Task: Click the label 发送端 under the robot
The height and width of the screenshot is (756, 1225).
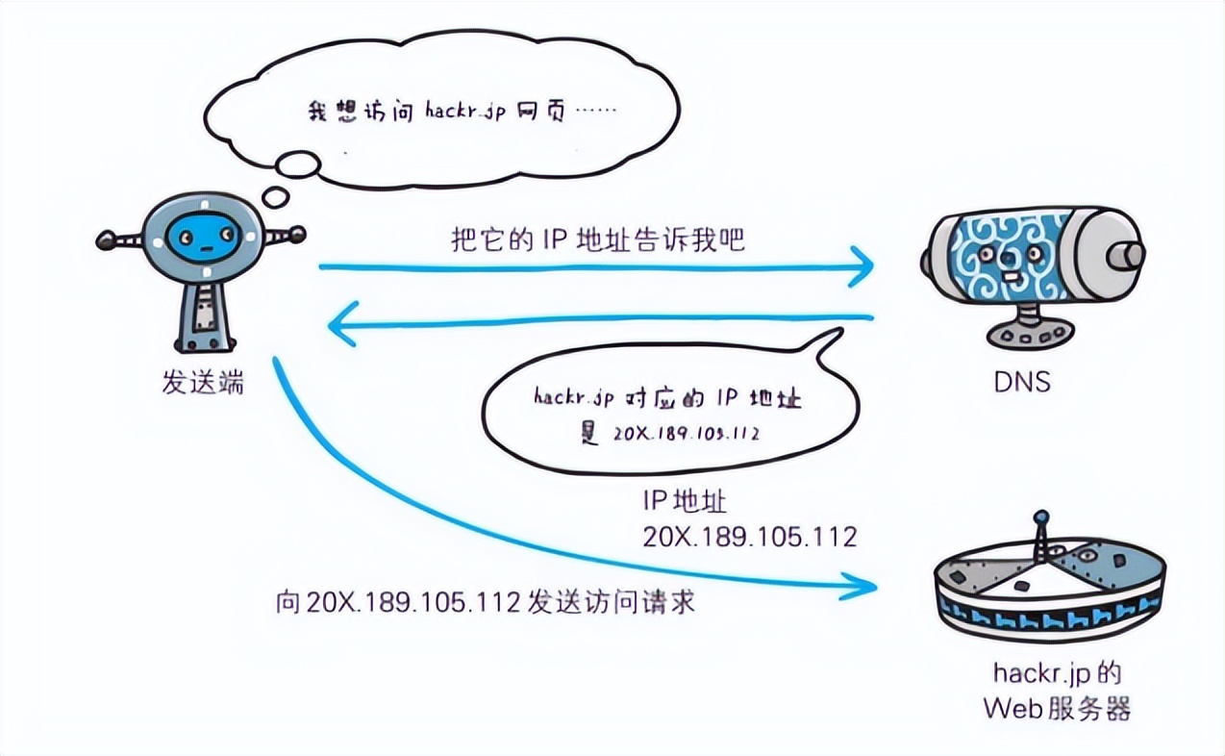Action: [x=203, y=384]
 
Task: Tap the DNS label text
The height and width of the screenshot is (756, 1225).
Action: [x=1021, y=383]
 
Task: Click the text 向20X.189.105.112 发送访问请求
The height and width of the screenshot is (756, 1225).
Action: [x=485, y=603]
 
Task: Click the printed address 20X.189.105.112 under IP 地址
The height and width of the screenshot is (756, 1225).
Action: [x=749, y=537]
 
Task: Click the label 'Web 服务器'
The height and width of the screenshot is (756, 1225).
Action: [x=1057, y=709]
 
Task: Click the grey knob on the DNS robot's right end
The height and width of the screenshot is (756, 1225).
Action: [x=1125, y=255]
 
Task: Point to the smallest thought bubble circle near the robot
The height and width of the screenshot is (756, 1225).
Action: [x=276, y=198]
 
